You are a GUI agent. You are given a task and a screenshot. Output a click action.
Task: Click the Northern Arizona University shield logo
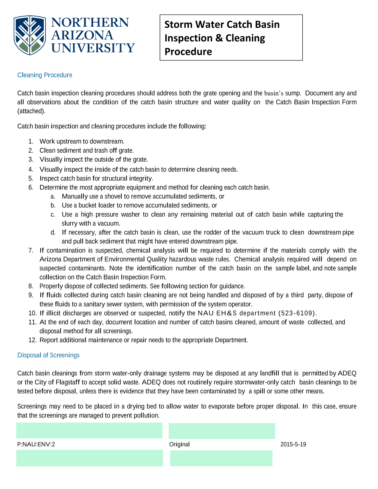click(x=30, y=35)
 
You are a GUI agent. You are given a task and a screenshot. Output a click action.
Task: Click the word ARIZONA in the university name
click(x=82, y=35)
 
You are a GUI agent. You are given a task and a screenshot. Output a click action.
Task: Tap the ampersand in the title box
click(x=219, y=38)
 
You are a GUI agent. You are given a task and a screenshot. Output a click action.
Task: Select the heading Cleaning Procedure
click(x=45, y=75)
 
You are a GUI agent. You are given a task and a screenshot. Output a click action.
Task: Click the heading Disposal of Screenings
click(x=48, y=355)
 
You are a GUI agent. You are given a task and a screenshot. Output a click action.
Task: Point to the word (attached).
click(x=31, y=111)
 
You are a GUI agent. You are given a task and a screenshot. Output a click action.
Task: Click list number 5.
click(x=31, y=179)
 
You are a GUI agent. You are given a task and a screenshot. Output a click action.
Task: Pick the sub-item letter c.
click(x=53, y=214)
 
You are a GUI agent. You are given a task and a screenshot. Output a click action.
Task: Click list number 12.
click(x=32, y=340)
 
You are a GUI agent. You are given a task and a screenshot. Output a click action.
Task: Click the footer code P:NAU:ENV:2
click(x=36, y=444)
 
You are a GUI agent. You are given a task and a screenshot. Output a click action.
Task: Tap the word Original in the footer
click(x=179, y=444)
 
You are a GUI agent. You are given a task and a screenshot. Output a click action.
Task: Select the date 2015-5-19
click(x=293, y=444)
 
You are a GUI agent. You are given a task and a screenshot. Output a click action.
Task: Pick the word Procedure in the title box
click(x=188, y=52)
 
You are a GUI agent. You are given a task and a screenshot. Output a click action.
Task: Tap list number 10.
click(x=32, y=313)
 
